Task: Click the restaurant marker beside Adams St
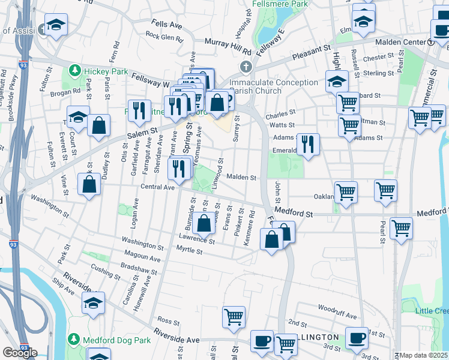[x=308, y=145]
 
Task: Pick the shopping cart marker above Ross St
[x=233, y=317]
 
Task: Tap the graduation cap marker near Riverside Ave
[x=93, y=304]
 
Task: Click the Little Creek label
[x=432, y=310]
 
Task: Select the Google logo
[x=20, y=353]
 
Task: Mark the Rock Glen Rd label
[x=163, y=37]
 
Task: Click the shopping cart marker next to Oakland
[x=346, y=193]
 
